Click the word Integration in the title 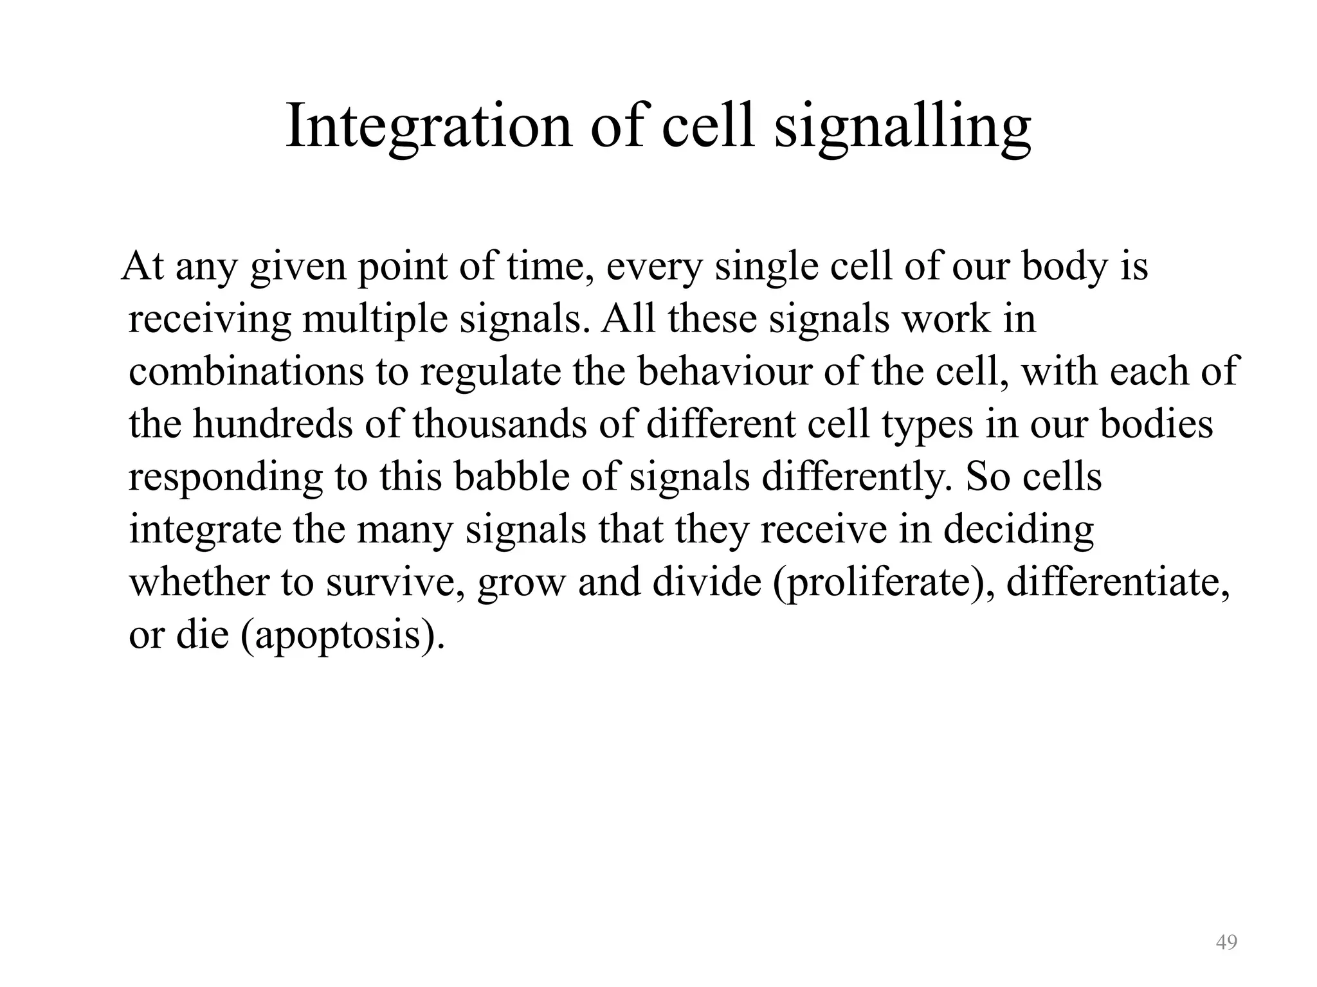point(428,126)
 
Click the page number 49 point(1226,942)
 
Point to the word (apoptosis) point(343,636)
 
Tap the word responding point(225,478)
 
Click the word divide point(707,582)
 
